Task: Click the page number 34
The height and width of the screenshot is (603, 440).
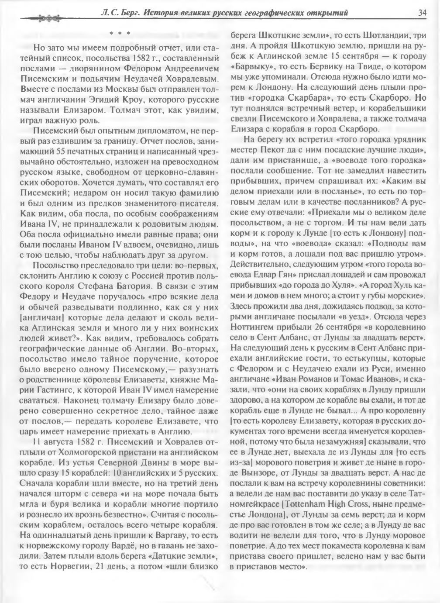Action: pos(422,13)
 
